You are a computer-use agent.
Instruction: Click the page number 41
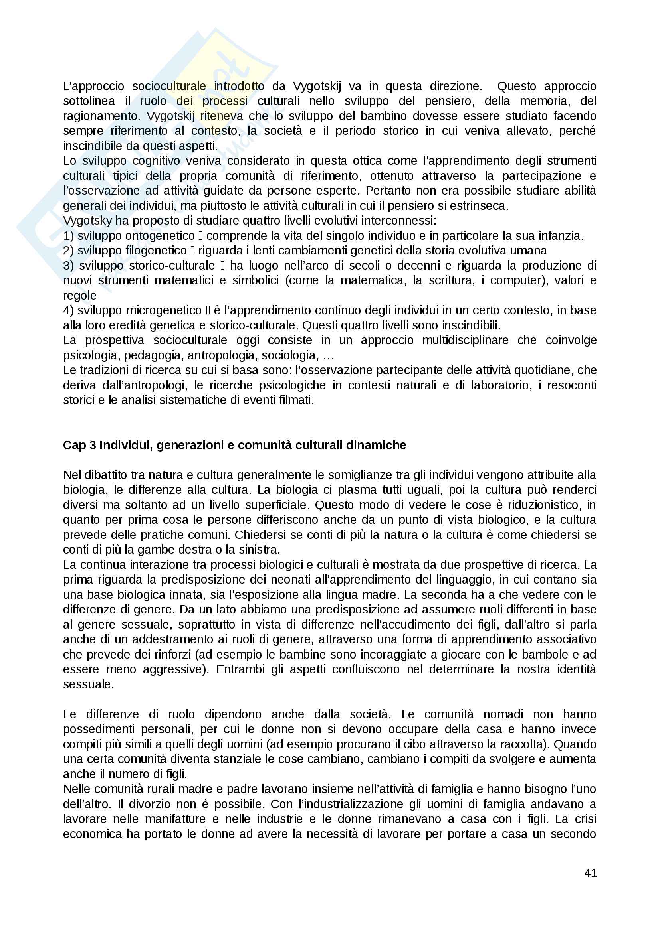(x=590, y=873)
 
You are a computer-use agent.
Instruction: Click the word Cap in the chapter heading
(x=74, y=446)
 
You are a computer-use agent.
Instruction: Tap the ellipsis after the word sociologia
(x=328, y=355)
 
